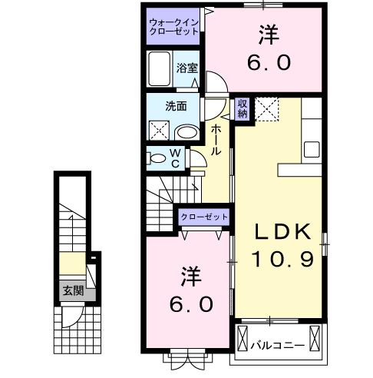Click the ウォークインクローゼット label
174,27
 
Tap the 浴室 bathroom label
187,68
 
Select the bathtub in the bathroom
160,71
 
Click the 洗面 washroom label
176,107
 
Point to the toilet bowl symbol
157,159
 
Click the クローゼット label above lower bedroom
205,218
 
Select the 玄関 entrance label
73,291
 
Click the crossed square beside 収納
266,108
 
